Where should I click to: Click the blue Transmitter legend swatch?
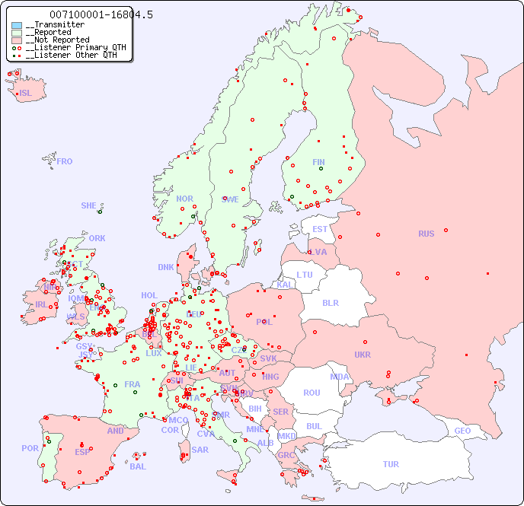coord(17,25)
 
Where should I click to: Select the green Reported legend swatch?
coord(17,33)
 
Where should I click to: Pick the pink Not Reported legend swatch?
coord(17,40)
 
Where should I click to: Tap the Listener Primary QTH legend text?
coord(73,47)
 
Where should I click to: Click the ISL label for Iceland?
coord(25,94)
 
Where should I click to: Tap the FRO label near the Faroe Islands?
coord(65,161)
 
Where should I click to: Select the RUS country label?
coord(426,234)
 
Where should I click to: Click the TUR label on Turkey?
coord(390,464)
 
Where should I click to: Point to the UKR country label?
coord(363,355)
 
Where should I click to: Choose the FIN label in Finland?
coord(318,162)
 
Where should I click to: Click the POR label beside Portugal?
coord(30,448)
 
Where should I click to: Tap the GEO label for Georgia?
coord(462,431)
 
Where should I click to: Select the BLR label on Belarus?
coord(331,302)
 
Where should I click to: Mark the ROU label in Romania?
coord(312,393)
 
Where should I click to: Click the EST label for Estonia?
coord(320,229)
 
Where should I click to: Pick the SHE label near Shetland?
coord(89,205)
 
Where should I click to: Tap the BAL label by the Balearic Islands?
coord(137,466)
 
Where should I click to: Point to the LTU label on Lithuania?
coord(305,275)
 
